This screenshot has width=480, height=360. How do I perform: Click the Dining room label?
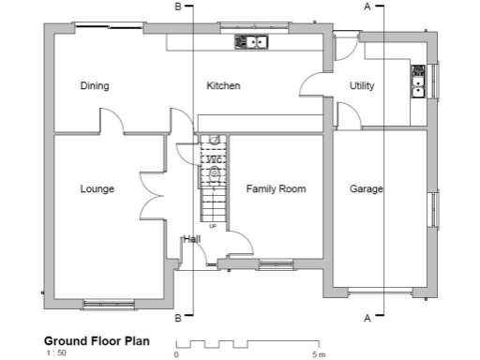94,86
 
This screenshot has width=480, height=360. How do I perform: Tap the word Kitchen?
223,86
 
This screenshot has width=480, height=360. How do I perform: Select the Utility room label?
362,86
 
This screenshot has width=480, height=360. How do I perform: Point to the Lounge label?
97,189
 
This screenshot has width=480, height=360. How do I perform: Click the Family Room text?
276,189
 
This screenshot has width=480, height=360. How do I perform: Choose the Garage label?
366,189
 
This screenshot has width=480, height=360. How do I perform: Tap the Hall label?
191,239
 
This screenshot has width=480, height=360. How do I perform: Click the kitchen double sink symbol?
251,41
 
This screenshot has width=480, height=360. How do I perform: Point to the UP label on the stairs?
213,227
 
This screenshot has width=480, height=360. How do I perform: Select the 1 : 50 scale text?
55,354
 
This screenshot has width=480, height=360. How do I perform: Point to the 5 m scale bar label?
319,354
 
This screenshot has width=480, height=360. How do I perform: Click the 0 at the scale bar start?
176,354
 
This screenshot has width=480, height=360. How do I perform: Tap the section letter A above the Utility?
367,6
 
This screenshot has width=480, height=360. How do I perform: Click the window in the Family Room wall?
274,264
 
